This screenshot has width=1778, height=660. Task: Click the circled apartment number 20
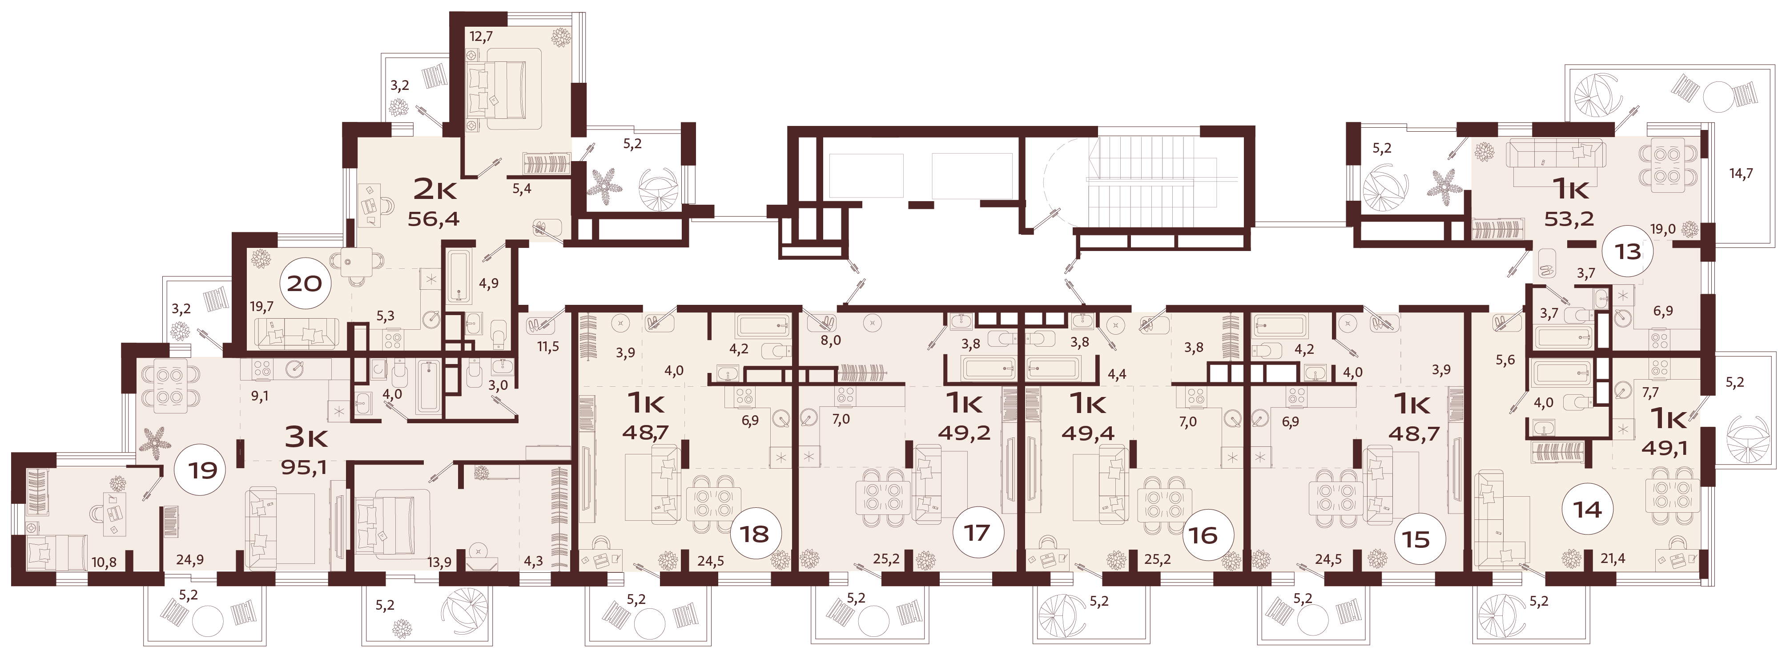click(x=304, y=283)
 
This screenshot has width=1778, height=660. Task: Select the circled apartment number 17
click(x=977, y=533)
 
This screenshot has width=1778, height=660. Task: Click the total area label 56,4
click(x=434, y=219)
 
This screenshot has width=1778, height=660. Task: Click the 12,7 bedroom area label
click(x=481, y=36)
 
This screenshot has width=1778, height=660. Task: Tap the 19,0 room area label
click(x=1663, y=229)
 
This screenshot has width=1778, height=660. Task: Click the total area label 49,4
click(x=1088, y=433)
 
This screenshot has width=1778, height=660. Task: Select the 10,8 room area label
click(x=104, y=563)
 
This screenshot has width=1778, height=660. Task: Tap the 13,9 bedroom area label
click(x=439, y=563)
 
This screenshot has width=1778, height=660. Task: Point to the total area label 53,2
click(x=1569, y=219)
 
